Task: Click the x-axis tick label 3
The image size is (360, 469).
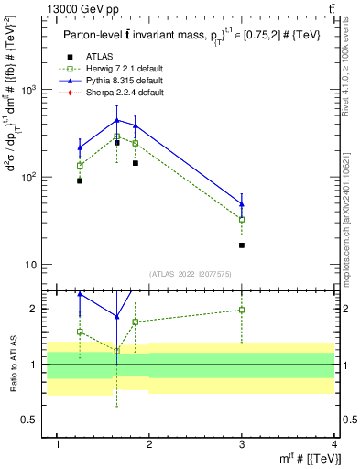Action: click(242, 444)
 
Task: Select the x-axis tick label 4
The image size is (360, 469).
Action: click(334, 444)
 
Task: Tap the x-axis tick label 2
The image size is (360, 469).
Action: click(150, 444)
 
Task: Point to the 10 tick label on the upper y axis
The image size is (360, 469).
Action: click(36, 265)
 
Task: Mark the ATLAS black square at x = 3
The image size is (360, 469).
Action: click(242, 245)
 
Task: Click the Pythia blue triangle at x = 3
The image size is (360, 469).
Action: click(242, 204)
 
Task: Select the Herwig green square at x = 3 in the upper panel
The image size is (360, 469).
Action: click(242, 220)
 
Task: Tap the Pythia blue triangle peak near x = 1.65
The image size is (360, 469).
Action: click(117, 120)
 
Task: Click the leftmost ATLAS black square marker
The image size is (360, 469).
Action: click(81, 180)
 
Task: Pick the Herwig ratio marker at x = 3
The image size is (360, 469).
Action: click(242, 310)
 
